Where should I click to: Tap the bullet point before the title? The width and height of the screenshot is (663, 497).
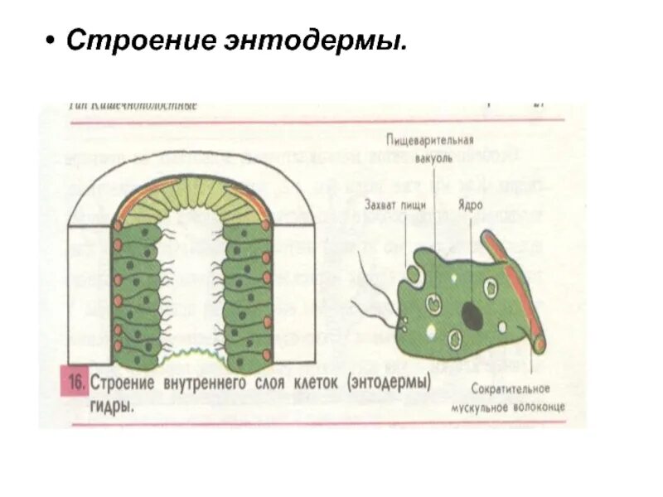(51, 40)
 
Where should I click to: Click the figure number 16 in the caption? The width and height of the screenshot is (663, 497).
(75, 384)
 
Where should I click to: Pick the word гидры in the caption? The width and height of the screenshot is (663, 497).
(111, 408)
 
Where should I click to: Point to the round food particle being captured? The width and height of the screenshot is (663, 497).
(412, 271)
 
